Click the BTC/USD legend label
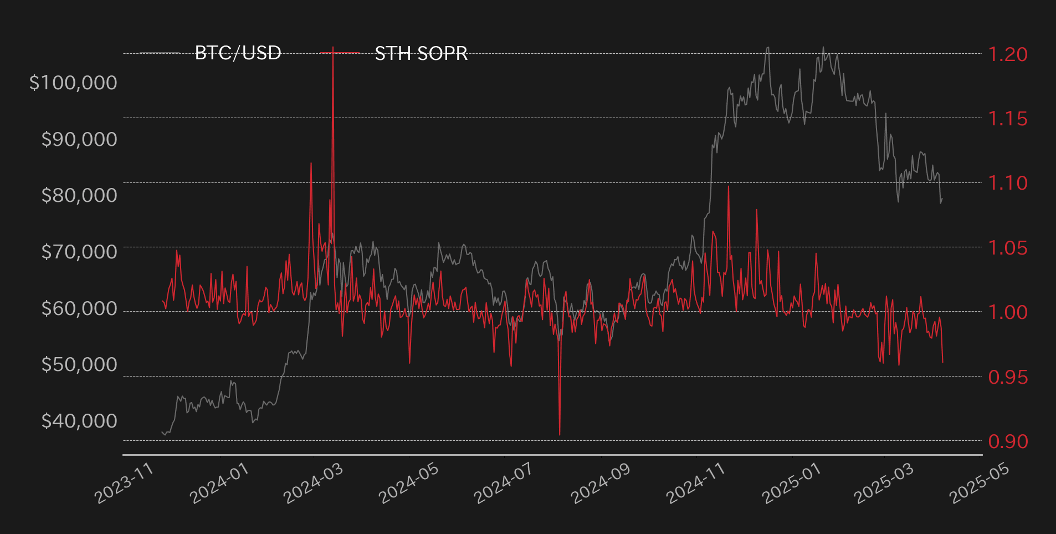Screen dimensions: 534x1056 [x=238, y=53]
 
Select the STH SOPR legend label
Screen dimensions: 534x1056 [x=421, y=53]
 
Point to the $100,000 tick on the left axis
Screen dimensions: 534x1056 [x=73, y=83]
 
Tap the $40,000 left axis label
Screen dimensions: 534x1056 [x=79, y=421]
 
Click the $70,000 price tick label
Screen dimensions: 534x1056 [x=79, y=252]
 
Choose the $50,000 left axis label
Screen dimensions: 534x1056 [x=79, y=364]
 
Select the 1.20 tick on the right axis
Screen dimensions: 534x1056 [x=1008, y=54]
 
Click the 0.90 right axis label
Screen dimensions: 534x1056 [x=1008, y=441]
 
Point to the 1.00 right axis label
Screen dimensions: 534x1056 [x=1008, y=312]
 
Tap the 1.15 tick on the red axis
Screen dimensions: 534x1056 [x=1008, y=119]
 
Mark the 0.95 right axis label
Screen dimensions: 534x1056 [x=1008, y=377]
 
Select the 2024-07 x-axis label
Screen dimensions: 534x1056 [x=503, y=484]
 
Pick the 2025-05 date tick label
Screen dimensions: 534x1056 [x=980, y=484]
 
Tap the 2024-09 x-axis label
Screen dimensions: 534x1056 [x=600, y=484]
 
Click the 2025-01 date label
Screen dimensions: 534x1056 [x=791, y=484]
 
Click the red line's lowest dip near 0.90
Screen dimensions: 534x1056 [x=560, y=435]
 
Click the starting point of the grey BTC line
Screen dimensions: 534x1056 [x=162, y=431]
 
